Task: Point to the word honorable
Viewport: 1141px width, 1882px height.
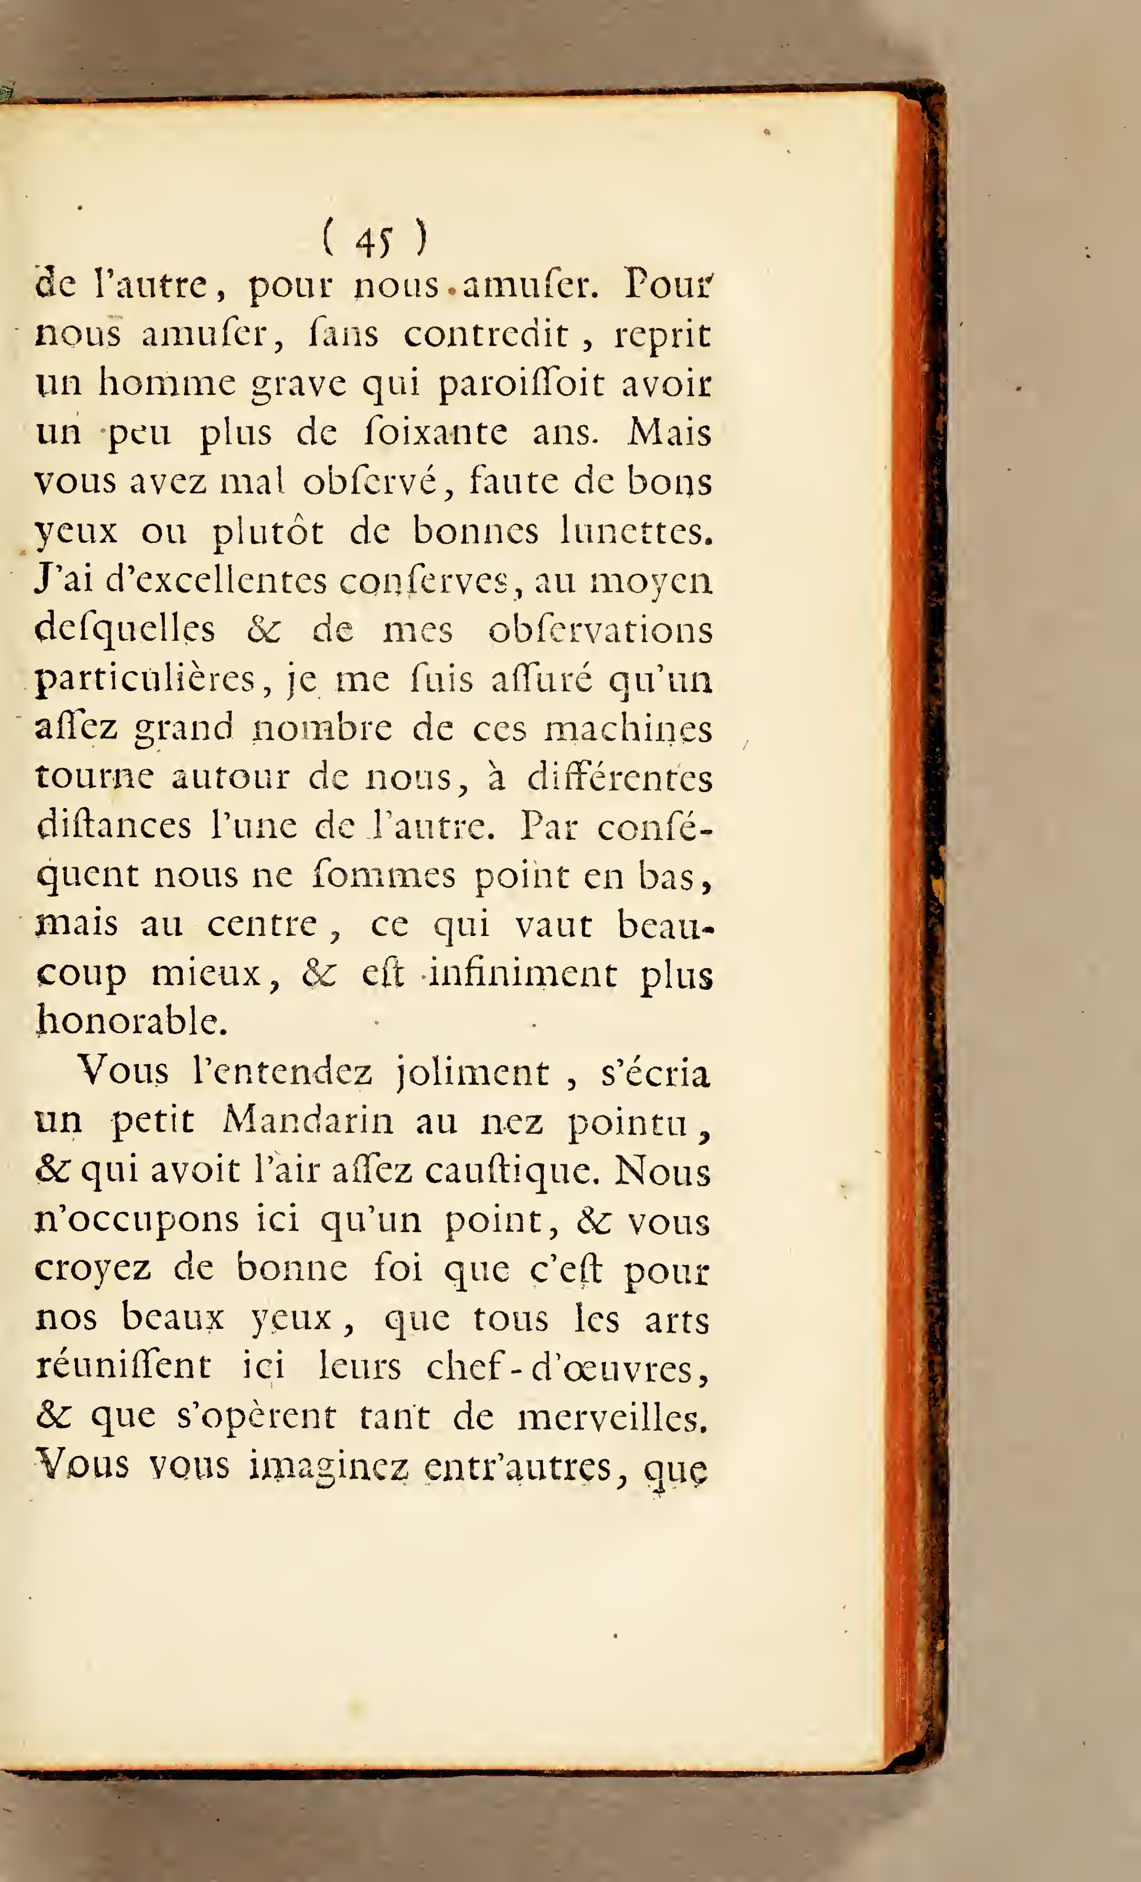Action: click(132, 1022)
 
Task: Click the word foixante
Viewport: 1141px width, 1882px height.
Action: click(434, 433)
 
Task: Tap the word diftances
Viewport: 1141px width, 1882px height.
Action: click(114, 827)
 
